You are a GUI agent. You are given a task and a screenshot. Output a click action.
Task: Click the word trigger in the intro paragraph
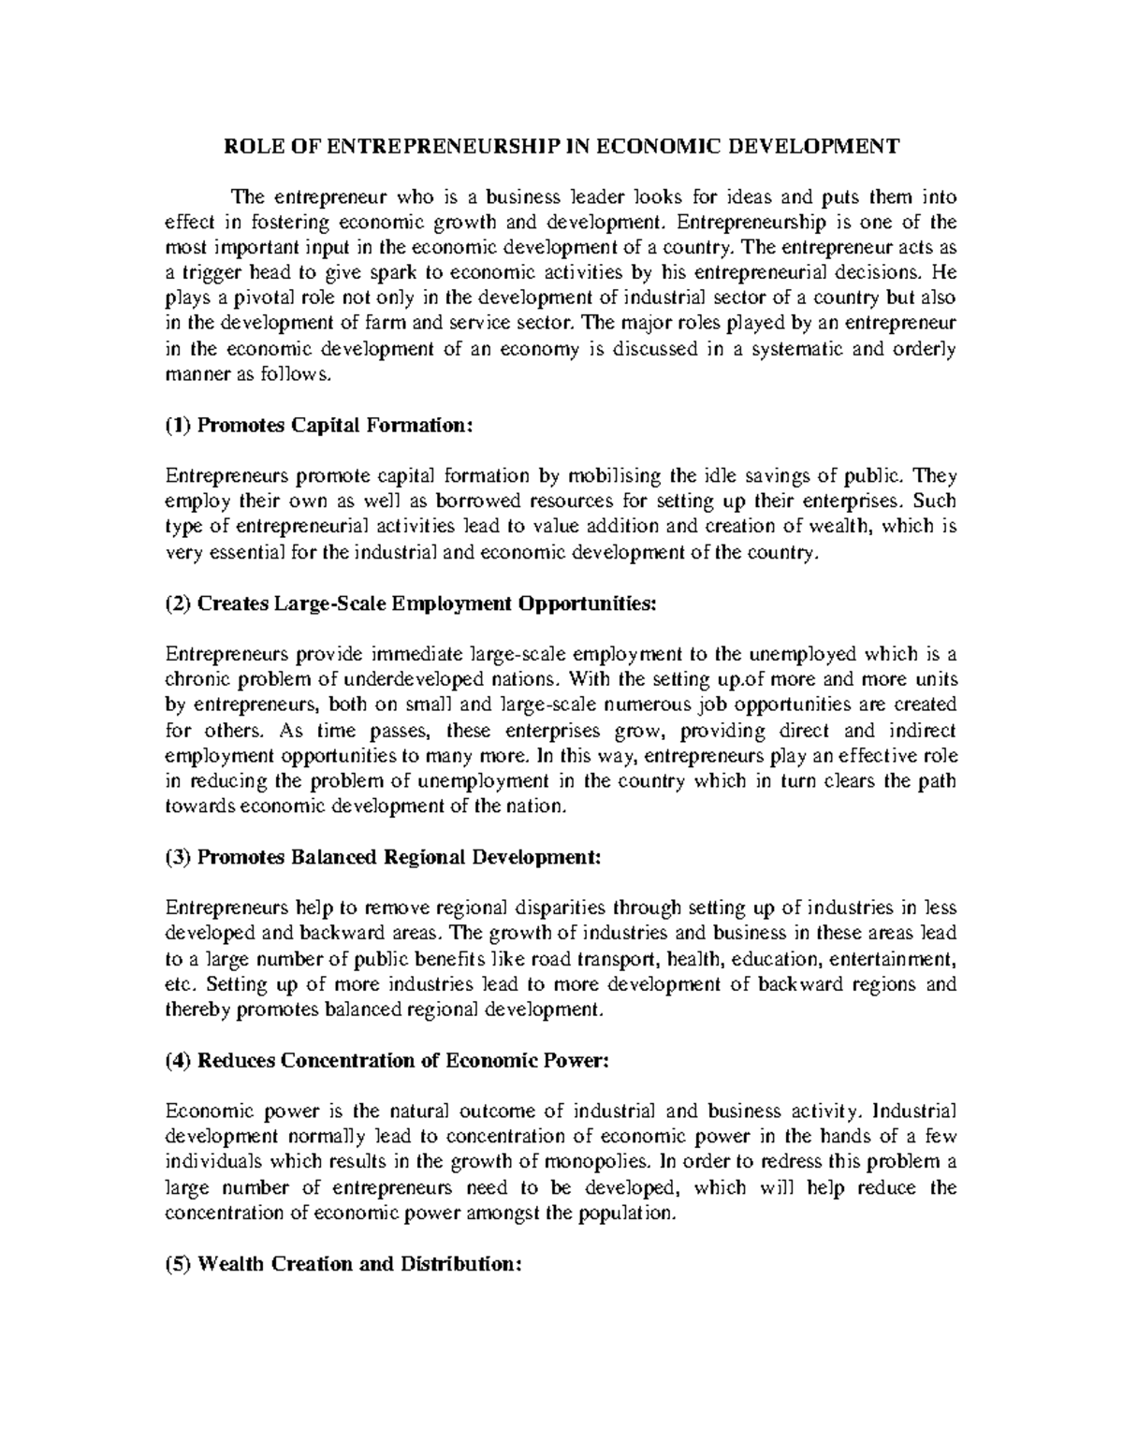(x=207, y=273)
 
